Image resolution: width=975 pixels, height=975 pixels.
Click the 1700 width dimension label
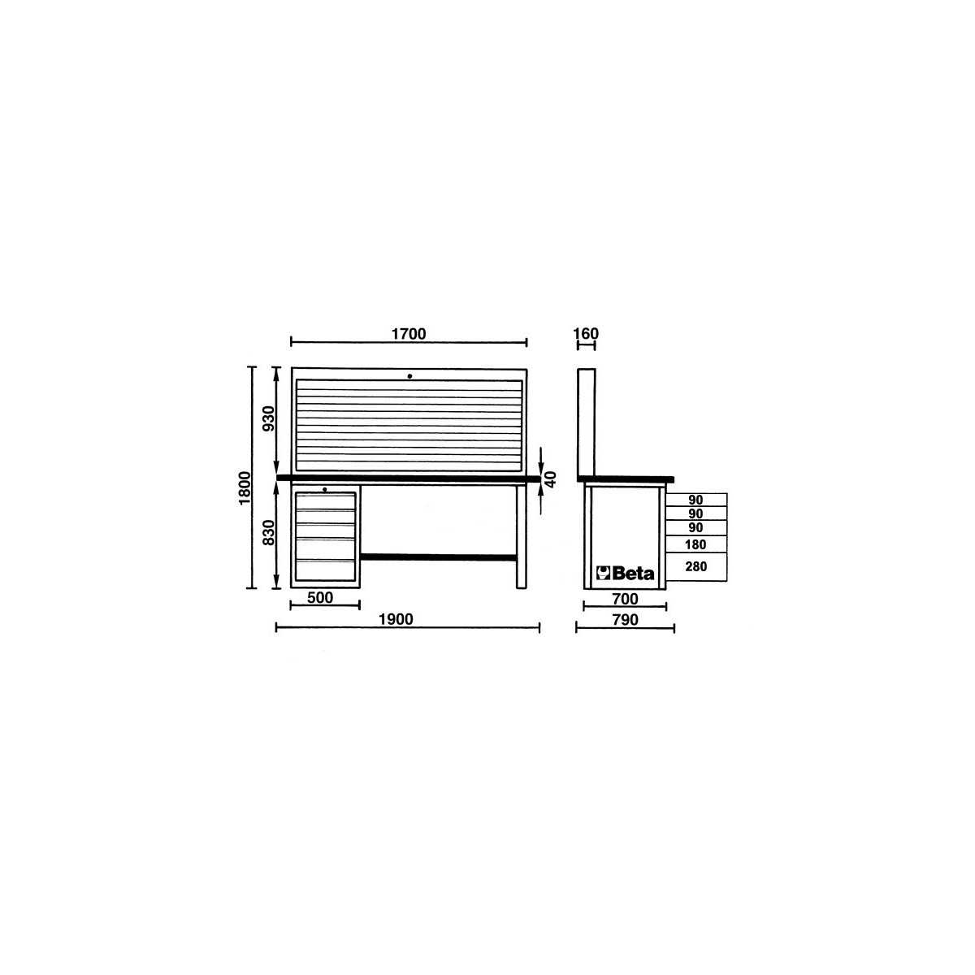point(409,334)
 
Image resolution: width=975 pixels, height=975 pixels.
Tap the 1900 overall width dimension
point(396,619)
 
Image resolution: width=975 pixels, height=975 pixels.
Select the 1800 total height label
point(245,487)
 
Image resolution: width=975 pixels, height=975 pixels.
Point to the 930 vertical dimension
point(269,418)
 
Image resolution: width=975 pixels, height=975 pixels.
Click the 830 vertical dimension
point(269,532)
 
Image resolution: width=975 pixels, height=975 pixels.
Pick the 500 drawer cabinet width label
point(320,597)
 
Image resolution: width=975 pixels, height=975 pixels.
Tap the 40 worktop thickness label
point(551,479)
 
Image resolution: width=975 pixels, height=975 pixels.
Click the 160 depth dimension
point(586,333)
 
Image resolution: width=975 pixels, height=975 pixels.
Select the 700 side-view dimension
point(625,599)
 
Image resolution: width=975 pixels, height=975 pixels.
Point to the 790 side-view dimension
point(625,620)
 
